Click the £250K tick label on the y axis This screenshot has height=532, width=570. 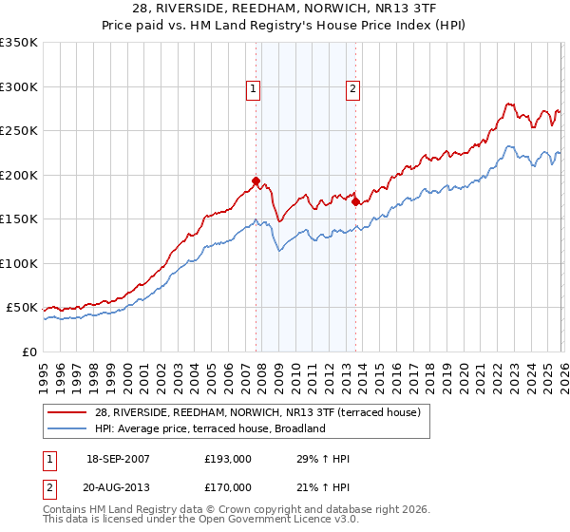click(x=19, y=130)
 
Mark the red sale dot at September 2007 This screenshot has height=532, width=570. click(x=256, y=180)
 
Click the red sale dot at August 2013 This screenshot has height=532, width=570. click(x=355, y=201)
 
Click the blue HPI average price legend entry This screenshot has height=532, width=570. click(x=210, y=428)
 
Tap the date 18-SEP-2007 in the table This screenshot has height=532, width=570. click(x=118, y=459)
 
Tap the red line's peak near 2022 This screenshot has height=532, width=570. click(x=509, y=104)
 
